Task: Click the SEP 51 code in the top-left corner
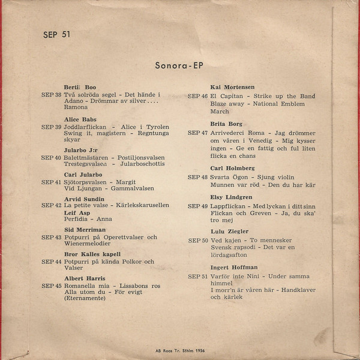pyautogui.click(x=57, y=34)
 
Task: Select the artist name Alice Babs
pyautogui.click(x=80, y=119)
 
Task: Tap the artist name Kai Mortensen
pyautogui.click(x=232, y=87)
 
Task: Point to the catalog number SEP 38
pyautogui.click(x=51, y=95)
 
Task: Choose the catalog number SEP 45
pyautogui.click(x=51, y=286)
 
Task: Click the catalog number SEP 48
pyautogui.click(x=198, y=177)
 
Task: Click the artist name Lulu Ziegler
pyautogui.click(x=229, y=231)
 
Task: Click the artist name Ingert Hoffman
pyautogui.click(x=235, y=267)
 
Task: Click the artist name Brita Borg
pyautogui.click(x=226, y=124)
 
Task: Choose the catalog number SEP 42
pyautogui.click(x=51, y=205)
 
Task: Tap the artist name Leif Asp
pyautogui.click(x=76, y=212)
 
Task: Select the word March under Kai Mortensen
pyautogui.click(x=220, y=112)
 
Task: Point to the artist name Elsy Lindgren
pyautogui.click(x=232, y=197)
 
